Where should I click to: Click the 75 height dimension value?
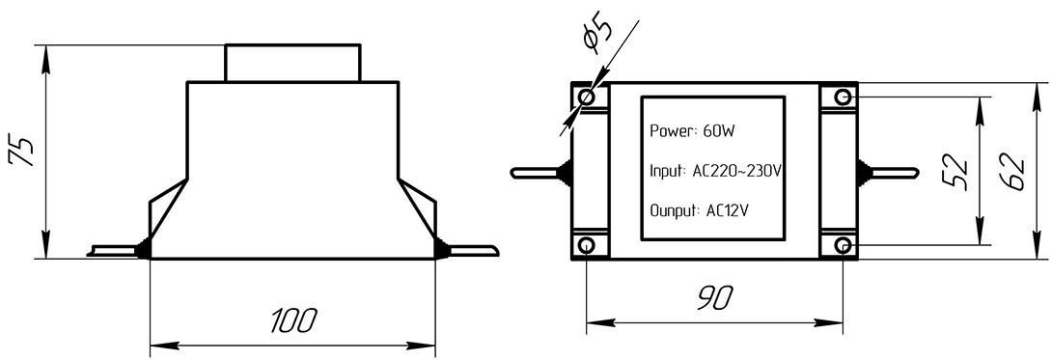point(20,151)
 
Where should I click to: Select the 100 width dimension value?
point(293,322)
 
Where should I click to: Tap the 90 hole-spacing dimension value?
point(715,297)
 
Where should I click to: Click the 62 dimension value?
point(1012,173)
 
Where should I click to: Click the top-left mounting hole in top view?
point(587,97)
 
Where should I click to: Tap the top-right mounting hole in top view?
point(843,97)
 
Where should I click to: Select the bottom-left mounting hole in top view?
point(587,245)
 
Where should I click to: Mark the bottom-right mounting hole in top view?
point(843,245)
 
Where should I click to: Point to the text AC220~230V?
point(736,171)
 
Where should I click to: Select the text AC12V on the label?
point(728,210)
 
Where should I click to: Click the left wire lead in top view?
point(537,173)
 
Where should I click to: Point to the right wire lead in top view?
point(890,173)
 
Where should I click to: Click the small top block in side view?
point(292,63)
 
